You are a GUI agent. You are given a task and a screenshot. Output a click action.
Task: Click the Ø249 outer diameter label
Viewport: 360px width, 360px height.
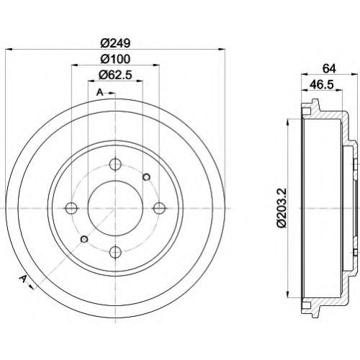point(115,43)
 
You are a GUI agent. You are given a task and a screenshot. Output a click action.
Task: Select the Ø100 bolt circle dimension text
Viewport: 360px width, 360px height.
point(115,59)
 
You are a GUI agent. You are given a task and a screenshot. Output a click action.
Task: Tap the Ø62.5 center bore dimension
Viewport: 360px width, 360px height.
point(115,75)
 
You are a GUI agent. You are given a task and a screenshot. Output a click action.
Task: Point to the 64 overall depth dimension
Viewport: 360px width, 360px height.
point(329,68)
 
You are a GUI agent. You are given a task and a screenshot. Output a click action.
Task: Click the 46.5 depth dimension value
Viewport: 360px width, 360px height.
point(321,84)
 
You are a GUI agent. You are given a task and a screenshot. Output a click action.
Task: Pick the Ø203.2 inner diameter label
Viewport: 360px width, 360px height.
point(282,207)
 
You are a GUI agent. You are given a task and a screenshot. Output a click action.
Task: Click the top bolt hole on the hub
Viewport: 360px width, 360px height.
point(115,164)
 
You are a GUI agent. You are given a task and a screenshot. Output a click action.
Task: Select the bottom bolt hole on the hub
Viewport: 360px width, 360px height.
point(115,251)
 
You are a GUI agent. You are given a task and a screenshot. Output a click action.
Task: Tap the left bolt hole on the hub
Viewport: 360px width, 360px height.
point(71,208)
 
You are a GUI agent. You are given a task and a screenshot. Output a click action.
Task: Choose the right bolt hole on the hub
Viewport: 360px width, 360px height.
point(159,208)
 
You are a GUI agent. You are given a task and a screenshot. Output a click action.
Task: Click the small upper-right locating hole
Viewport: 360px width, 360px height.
point(146,177)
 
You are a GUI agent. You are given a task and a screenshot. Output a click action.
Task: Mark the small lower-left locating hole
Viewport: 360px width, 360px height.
point(84,239)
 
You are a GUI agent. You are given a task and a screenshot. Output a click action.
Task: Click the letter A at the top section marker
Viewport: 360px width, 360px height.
point(100,92)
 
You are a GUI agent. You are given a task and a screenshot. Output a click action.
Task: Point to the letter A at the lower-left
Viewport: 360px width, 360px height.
point(23,279)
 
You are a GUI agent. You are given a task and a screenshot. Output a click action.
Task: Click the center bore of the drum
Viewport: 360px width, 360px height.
point(115,208)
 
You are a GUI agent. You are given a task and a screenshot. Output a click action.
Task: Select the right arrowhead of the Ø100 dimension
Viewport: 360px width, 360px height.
point(156,65)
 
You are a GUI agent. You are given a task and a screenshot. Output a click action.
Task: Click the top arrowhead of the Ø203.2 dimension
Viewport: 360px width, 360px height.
point(287,122)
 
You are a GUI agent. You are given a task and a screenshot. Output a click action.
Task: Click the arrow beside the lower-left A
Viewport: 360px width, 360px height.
point(31,286)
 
